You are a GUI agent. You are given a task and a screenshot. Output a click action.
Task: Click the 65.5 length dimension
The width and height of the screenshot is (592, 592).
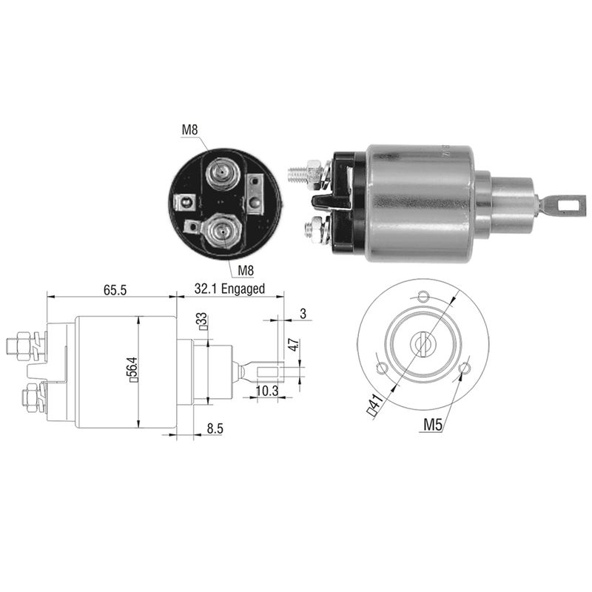point(115,290)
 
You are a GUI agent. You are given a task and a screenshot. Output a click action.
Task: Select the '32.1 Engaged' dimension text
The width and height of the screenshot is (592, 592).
point(229,289)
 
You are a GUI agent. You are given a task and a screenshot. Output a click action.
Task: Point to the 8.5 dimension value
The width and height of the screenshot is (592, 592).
point(215,428)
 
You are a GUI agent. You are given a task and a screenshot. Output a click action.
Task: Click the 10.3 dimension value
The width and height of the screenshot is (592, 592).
point(267,391)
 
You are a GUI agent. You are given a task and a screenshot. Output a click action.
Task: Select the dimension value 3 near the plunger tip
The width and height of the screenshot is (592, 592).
point(303,314)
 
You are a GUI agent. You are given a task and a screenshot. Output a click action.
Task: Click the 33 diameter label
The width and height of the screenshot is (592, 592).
point(203,321)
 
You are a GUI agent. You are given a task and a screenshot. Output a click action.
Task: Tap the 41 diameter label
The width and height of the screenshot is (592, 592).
point(375,403)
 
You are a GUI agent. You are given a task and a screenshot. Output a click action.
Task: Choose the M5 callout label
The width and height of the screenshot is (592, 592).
point(432,425)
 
